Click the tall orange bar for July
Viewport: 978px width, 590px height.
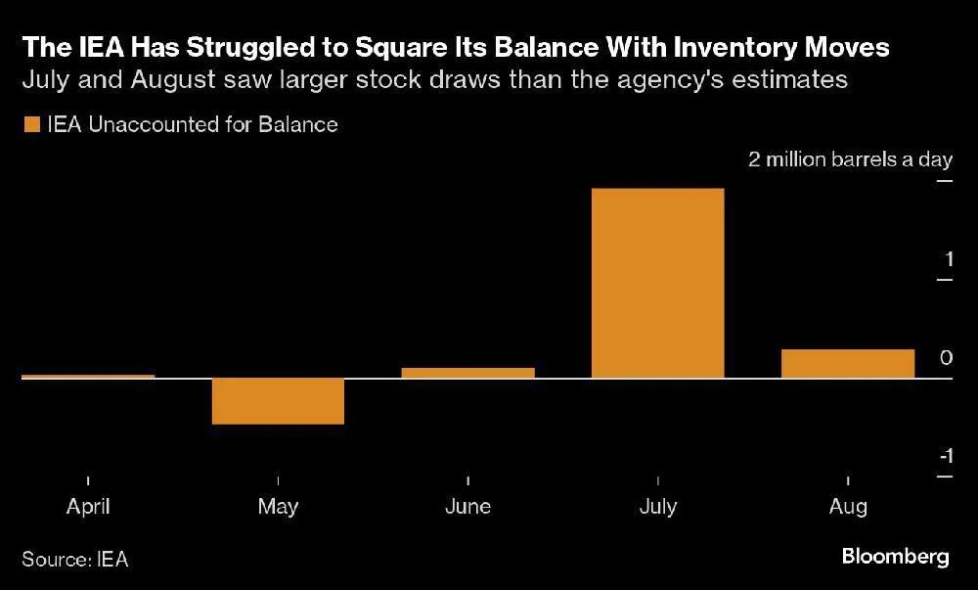658,283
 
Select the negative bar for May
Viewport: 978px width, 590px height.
278,401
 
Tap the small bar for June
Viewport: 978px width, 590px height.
467,373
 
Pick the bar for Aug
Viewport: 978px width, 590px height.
848,363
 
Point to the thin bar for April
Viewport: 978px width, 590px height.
88,376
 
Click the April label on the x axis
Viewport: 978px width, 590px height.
88,507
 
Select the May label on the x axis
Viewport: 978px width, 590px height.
278,507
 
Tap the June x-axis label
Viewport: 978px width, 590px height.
467,507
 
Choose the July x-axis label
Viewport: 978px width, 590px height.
657,507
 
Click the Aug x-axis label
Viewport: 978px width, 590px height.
848,507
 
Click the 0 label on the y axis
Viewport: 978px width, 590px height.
946,358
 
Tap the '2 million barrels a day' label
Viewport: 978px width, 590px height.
850,160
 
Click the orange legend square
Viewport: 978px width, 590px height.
30,124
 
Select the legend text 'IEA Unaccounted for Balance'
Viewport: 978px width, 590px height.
192,124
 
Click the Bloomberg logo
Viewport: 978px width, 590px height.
895,557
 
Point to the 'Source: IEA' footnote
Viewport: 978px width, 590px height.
75,560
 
